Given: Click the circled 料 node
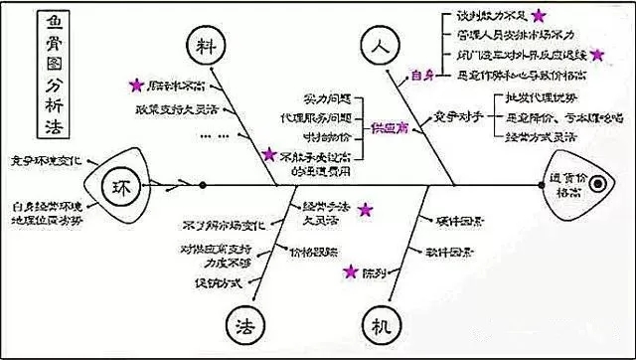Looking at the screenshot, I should tap(206, 48).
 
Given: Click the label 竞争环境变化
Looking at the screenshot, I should tap(49, 159).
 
